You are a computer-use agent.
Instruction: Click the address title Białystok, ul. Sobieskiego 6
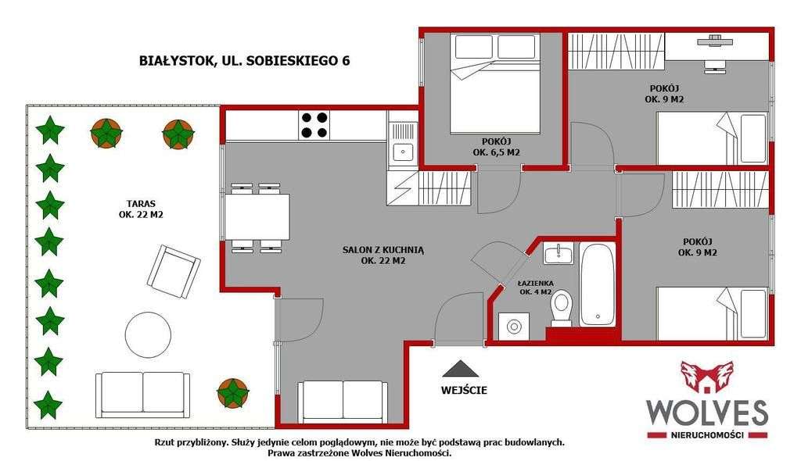tap(243, 61)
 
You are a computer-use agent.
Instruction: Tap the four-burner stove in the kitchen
tap(314, 125)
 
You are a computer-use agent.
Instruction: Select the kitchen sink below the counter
tap(403, 152)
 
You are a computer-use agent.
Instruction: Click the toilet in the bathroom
tap(562, 307)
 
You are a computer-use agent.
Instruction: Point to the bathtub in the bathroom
tap(598, 284)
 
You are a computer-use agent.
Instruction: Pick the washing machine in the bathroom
tap(513, 325)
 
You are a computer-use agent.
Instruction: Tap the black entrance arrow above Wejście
tap(458, 369)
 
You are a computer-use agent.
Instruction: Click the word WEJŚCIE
tap(464, 389)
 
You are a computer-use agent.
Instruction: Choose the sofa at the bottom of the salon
tap(342, 402)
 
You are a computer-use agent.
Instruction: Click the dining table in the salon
tap(259, 217)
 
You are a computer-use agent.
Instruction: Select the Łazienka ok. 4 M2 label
tap(536, 288)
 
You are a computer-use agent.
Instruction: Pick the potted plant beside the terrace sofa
tap(232, 392)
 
